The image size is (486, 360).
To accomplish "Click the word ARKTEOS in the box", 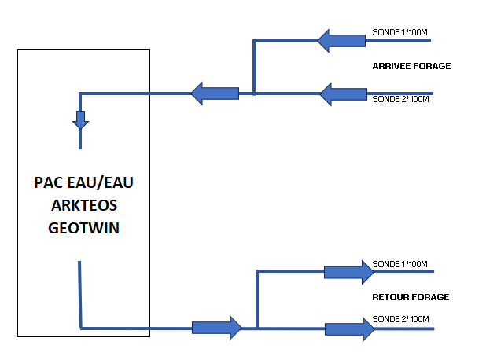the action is click(x=84, y=205).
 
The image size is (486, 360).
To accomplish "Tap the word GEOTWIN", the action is click(x=83, y=228).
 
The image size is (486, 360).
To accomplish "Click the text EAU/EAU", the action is click(x=100, y=182).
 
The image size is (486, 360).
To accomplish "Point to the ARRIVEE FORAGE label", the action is click(x=411, y=66).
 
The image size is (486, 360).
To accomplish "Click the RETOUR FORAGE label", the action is click(x=411, y=297).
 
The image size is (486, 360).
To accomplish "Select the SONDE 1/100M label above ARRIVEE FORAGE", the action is click(x=399, y=32).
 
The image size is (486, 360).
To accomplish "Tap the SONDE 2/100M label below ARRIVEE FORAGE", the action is click(x=400, y=99).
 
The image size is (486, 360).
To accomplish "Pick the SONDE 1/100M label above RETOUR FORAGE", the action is click(x=399, y=264).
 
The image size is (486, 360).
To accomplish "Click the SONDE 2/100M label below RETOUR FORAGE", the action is click(x=400, y=319).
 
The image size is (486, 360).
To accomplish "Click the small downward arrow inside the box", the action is click(x=80, y=119).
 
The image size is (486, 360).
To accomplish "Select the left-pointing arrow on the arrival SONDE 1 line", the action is click(x=341, y=41).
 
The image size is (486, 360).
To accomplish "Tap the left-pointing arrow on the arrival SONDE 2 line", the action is click(x=343, y=94).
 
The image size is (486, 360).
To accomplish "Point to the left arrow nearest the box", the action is click(x=215, y=94).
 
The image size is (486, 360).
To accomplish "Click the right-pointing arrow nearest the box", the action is click(x=217, y=328).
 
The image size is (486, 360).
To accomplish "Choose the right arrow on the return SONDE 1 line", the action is click(x=349, y=272).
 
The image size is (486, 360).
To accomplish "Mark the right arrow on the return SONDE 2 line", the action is click(x=350, y=329).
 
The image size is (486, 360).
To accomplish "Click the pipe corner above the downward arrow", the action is click(x=80, y=94).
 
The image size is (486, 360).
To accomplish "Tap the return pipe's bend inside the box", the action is click(x=81, y=328).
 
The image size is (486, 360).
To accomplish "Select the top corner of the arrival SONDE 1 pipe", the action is click(x=254, y=40).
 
